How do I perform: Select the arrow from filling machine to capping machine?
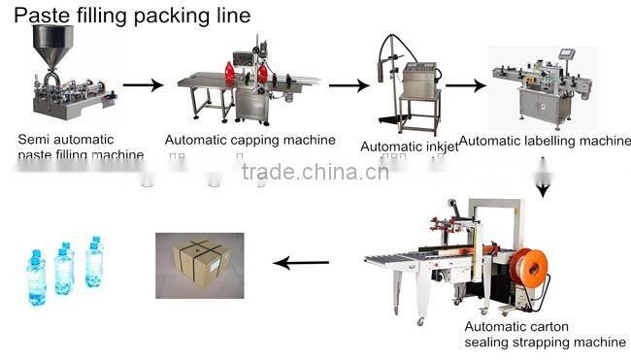click(x=143, y=85)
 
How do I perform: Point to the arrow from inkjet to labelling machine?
click(x=465, y=85)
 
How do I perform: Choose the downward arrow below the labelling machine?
click(x=545, y=184)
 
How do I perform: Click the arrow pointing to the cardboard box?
click(x=300, y=262)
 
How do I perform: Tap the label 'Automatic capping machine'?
click(x=249, y=140)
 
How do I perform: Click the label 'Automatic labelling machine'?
click(x=545, y=141)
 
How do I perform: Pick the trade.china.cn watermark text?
click(x=315, y=173)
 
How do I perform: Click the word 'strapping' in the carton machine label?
click(x=533, y=343)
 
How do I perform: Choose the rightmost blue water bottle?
click(x=95, y=263)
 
